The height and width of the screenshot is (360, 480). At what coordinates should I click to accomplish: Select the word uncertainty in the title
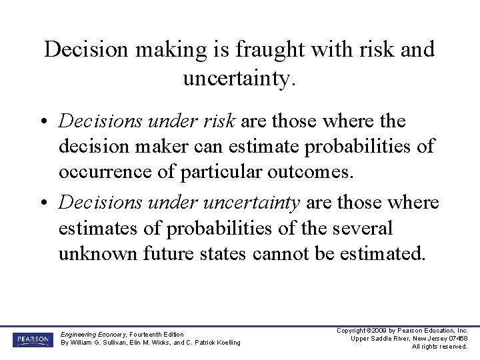pyautogui.click(x=239, y=79)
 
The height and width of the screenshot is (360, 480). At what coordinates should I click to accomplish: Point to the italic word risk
pyautogui.click(x=221, y=121)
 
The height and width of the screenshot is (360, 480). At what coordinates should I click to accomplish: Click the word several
pyautogui.click(x=356, y=229)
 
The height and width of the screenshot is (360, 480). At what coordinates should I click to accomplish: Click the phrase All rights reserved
pyautogui.click(x=439, y=347)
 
